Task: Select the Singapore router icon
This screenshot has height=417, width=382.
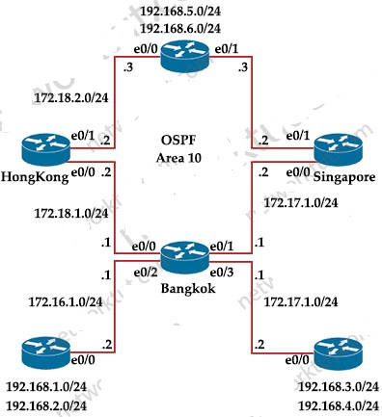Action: pyautogui.click(x=338, y=150)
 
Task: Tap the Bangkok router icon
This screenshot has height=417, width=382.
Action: pyautogui.click(x=185, y=257)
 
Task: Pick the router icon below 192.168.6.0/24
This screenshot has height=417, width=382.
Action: pyautogui.click(x=185, y=57)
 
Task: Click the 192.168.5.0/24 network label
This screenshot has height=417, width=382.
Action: pyautogui.click(x=180, y=12)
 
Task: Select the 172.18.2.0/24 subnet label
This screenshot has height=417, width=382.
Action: pyautogui.click(x=71, y=97)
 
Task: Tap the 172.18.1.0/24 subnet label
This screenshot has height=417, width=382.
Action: pyautogui.click(x=71, y=213)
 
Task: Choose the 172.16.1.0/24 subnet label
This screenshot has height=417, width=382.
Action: pyautogui.click(x=66, y=301)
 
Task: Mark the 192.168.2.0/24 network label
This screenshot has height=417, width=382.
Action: pyautogui.click(x=46, y=405)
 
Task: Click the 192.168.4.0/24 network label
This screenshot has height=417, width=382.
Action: pyautogui.click(x=339, y=405)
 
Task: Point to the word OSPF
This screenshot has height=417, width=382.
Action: pyautogui.click(x=178, y=141)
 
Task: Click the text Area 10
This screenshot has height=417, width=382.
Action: pyautogui.click(x=178, y=158)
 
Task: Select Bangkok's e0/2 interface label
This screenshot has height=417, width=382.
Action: pyautogui.click(x=146, y=273)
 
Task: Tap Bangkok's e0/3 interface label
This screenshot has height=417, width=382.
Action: pyautogui.click(x=222, y=273)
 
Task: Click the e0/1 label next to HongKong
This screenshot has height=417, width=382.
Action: pyautogui.click(x=83, y=136)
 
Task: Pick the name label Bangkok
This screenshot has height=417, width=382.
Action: pyautogui.click(x=188, y=288)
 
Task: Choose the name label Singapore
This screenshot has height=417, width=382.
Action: pyautogui.click(x=344, y=177)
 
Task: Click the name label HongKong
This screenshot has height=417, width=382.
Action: pyautogui.click(x=35, y=177)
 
